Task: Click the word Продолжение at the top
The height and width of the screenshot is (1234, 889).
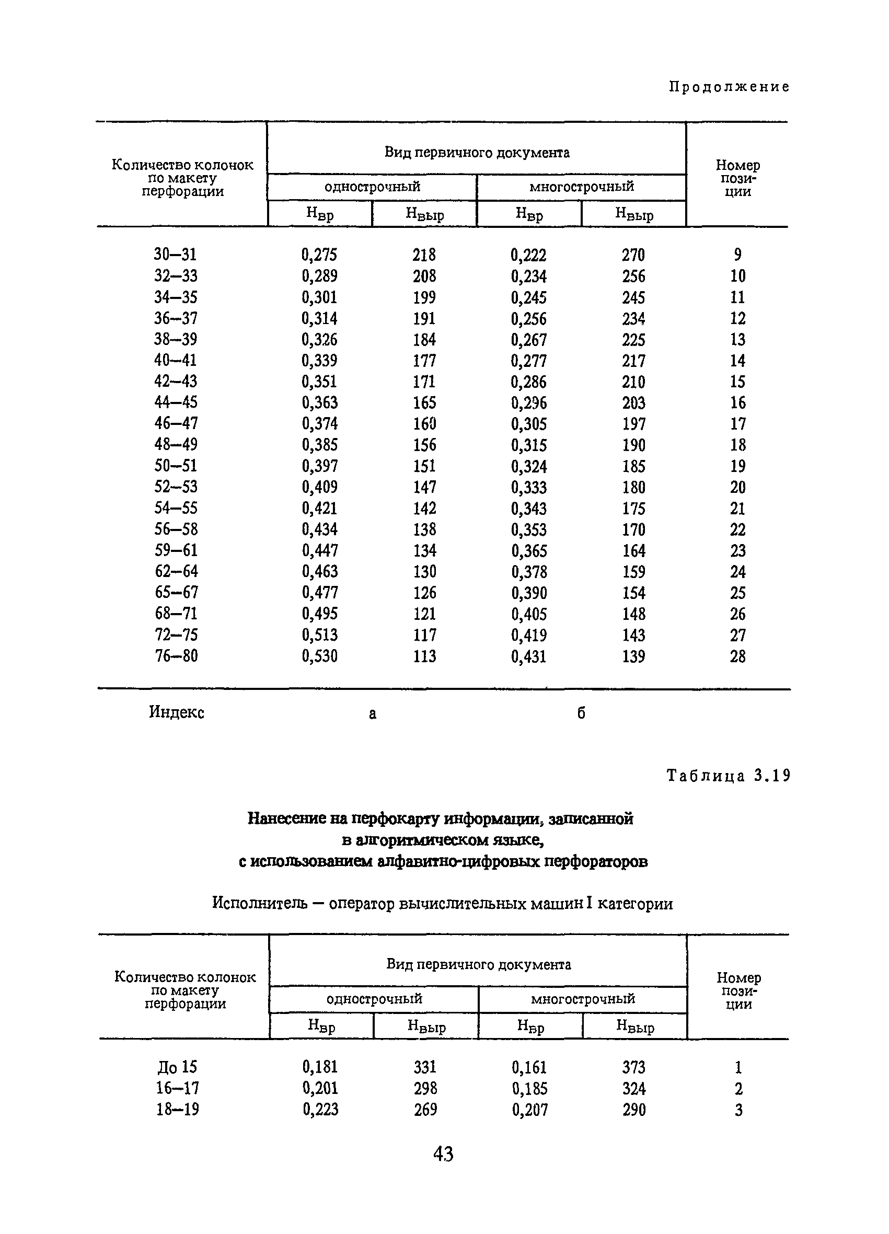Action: coord(729,87)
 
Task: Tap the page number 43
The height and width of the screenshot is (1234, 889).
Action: coord(443,1154)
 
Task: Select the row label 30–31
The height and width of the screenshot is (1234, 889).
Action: coord(175,254)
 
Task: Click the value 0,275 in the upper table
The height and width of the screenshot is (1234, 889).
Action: coord(319,255)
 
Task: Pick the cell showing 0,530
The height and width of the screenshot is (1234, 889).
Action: coord(319,656)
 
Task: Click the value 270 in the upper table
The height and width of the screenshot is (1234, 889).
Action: coord(633,255)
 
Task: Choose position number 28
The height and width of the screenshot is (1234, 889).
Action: coord(738,656)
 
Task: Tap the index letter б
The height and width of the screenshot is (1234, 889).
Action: coord(581,713)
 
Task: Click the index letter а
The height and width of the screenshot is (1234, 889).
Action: coord(372,713)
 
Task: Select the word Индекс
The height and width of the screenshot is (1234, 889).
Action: coord(177,712)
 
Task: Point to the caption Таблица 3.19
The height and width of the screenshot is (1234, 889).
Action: coord(728,775)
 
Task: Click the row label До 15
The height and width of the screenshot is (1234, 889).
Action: coord(177,1067)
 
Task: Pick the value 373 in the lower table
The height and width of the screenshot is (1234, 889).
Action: coord(634,1067)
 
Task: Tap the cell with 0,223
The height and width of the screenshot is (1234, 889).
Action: coord(320,1110)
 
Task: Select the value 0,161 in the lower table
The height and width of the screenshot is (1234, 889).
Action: coord(529,1067)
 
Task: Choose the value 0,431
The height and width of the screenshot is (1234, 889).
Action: coord(529,656)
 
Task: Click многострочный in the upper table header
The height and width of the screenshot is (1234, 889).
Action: coord(582,187)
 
